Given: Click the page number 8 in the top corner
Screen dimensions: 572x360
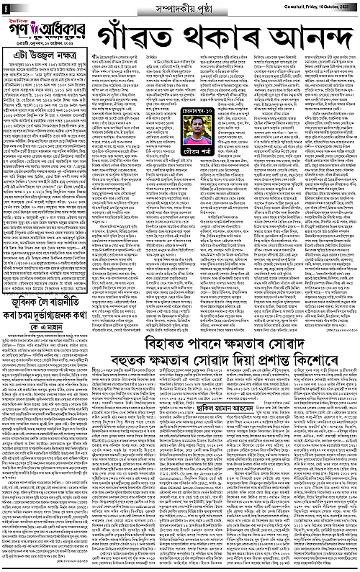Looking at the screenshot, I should point(5,6).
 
